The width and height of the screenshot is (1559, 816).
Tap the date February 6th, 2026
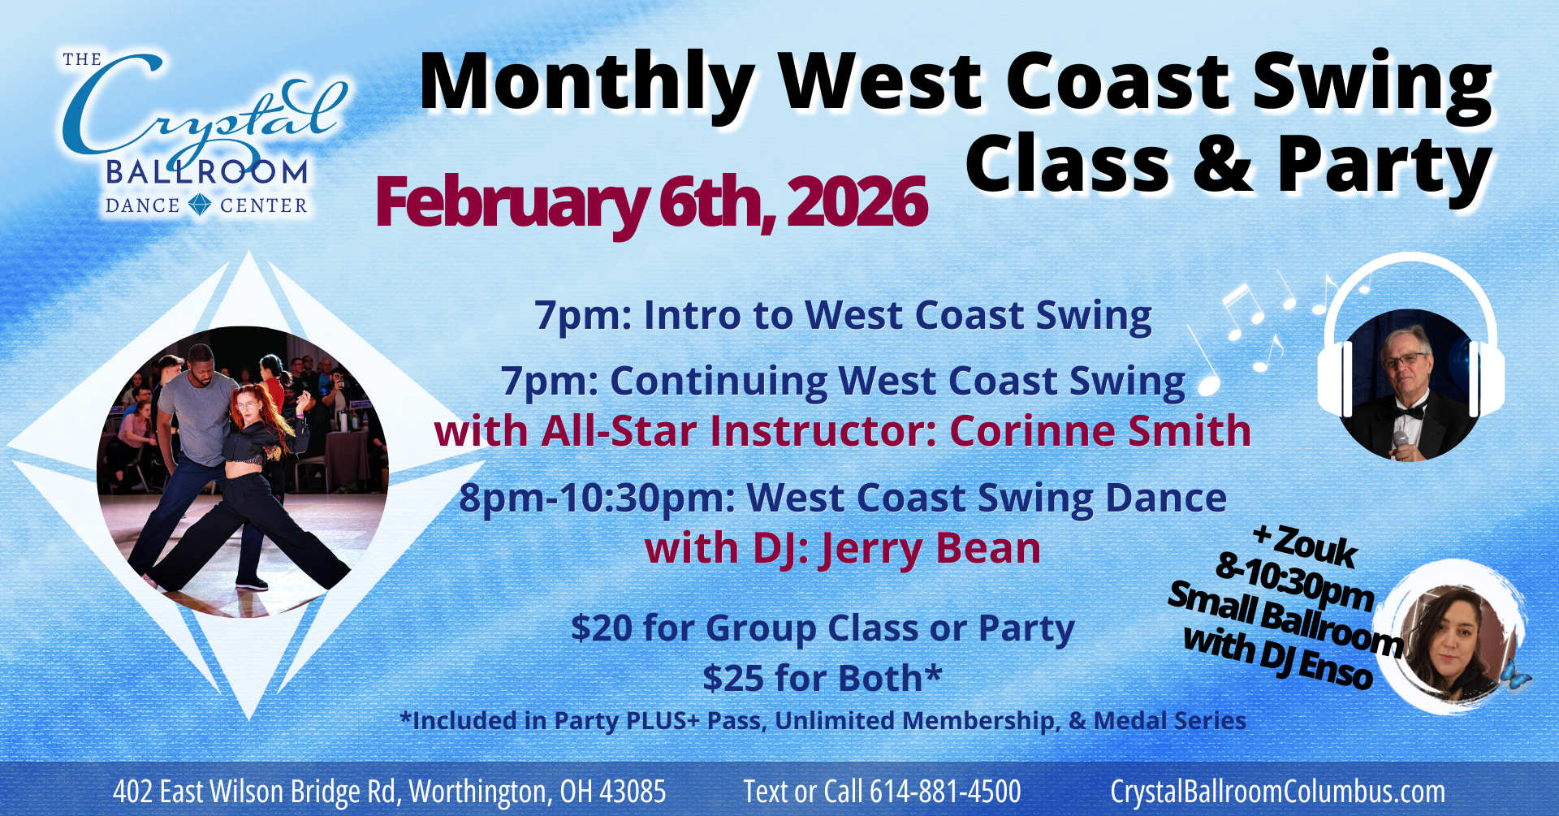point(650,202)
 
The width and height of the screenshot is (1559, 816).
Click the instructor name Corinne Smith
point(1099,431)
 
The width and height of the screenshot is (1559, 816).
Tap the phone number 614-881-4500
point(945,792)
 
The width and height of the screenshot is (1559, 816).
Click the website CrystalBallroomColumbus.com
point(1277,792)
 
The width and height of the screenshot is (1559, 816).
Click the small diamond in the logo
point(200,205)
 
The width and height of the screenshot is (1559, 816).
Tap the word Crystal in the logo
point(203,110)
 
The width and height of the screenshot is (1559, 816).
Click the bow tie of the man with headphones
point(1409,412)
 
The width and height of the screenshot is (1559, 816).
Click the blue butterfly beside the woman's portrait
point(1514,675)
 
